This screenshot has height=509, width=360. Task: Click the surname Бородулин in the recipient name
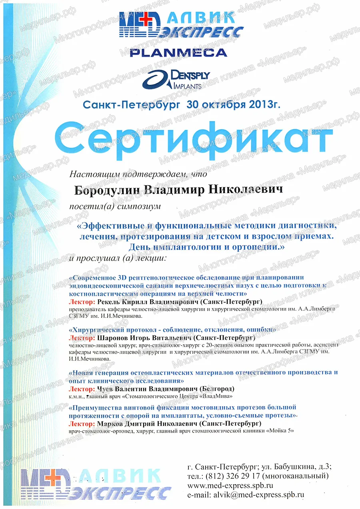[106, 190]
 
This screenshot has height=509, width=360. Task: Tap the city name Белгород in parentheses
[220, 389]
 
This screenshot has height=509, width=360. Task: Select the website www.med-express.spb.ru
[230, 485]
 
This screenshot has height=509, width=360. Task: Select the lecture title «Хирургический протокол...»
[172, 330]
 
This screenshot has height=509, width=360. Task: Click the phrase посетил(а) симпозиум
[115, 206]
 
